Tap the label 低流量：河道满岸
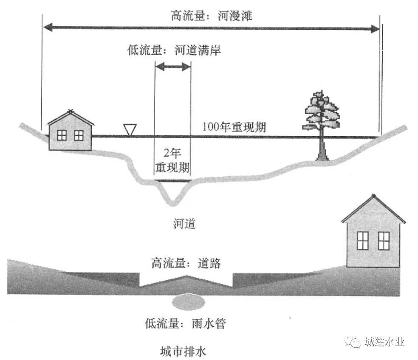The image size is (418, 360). pos(174,50)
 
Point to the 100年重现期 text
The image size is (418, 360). pos(234,127)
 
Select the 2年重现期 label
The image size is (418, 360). pos(172,160)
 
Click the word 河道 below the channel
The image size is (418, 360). pos(184,223)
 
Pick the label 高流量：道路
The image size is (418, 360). pos(186,263)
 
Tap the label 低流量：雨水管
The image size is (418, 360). pos(187,324)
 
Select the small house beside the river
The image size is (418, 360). pos(70,131)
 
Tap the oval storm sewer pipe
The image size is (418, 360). pos(188,302)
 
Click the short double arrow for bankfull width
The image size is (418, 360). pos(172,67)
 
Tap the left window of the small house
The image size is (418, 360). pos(62,135)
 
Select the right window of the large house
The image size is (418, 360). pos(384,241)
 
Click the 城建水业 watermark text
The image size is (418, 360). pos(384,342)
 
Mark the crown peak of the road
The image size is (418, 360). pos(186,277)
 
